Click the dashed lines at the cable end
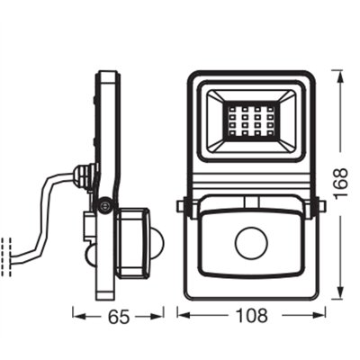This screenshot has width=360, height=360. [x=6, y=251]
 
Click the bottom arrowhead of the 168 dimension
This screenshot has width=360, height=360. [x=338, y=295]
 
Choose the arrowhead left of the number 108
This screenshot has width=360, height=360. [x=183, y=317]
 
